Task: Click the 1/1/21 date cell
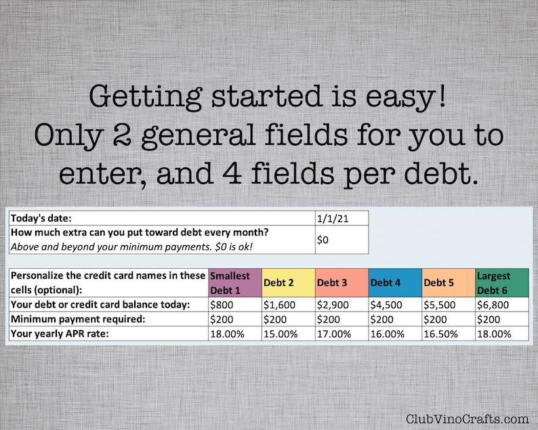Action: point(342,217)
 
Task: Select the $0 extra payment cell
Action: point(342,239)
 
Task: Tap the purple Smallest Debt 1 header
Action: point(235,282)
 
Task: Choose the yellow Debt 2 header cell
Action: point(288,282)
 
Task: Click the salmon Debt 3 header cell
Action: point(342,282)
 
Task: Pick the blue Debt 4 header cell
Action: point(395,282)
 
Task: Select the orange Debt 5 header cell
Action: point(448,282)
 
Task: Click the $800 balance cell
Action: point(235,305)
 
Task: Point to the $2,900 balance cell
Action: point(342,305)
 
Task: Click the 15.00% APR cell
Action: point(288,334)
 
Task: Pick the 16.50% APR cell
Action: point(448,334)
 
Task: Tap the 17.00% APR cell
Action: point(342,334)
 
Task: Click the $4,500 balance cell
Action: point(395,305)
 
